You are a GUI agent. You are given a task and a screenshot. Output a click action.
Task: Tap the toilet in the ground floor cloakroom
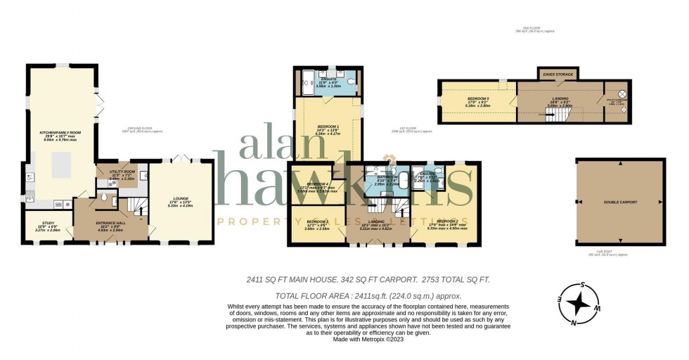click(x=104, y=200)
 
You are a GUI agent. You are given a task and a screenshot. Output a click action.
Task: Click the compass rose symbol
click(x=579, y=302)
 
